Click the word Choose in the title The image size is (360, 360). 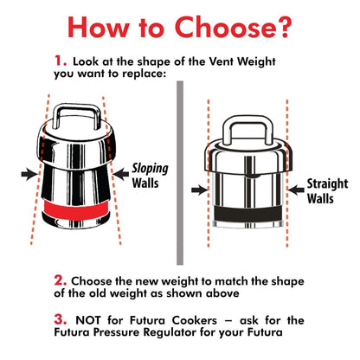pyautogui.click(x=208, y=28)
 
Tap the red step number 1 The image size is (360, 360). pyautogui.click(x=60, y=62)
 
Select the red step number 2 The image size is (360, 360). pyautogui.click(x=60, y=280)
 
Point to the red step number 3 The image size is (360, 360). pyautogui.click(x=60, y=318)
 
